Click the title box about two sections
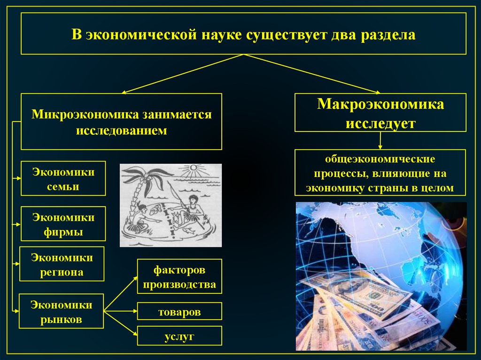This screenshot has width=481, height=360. pos(243,34)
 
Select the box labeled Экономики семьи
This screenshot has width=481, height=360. pos(63,178)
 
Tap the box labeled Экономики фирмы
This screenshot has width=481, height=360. pos(63,224)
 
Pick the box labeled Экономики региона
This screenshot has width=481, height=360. pos(62,264)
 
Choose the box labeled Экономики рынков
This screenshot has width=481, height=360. pos(62,311)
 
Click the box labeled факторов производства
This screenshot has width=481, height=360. pos(179,276)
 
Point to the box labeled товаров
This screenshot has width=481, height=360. pos(179,312)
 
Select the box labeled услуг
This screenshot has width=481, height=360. pos(179,336)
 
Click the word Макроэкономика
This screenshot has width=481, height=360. pos(380,104)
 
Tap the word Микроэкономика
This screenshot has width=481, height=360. pos(85,115)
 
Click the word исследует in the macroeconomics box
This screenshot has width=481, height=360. pos(380,123)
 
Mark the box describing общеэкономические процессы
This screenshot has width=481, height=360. pos(380,172)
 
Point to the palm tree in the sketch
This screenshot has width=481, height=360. pos(141,188)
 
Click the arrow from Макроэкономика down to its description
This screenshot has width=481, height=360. pos(380,140)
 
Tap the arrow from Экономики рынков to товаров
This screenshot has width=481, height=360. pos(120,311)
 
